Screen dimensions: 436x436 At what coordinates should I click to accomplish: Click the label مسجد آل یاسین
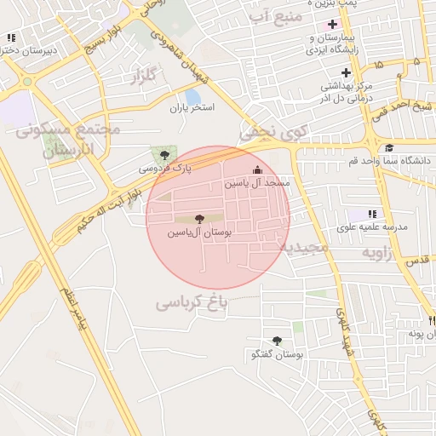click(258, 183)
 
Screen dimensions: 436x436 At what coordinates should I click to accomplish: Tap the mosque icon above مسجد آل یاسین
click(258, 169)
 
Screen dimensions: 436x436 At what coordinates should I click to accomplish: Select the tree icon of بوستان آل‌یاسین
click(200, 219)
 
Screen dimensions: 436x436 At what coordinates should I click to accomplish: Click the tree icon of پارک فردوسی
click(164, 155)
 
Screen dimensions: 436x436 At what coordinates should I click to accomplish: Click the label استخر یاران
click(192, 108)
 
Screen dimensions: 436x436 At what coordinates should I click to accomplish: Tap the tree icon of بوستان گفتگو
click(277, 341)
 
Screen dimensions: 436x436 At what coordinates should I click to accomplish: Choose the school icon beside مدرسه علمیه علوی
click(371, 214)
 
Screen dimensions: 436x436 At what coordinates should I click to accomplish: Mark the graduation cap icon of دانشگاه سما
click(389, 147)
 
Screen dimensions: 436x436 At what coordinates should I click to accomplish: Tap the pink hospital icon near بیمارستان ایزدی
click(331, 24)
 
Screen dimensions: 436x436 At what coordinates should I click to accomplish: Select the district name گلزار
click(146, 77)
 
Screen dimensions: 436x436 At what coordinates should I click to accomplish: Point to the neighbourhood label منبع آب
click(272, 16)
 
